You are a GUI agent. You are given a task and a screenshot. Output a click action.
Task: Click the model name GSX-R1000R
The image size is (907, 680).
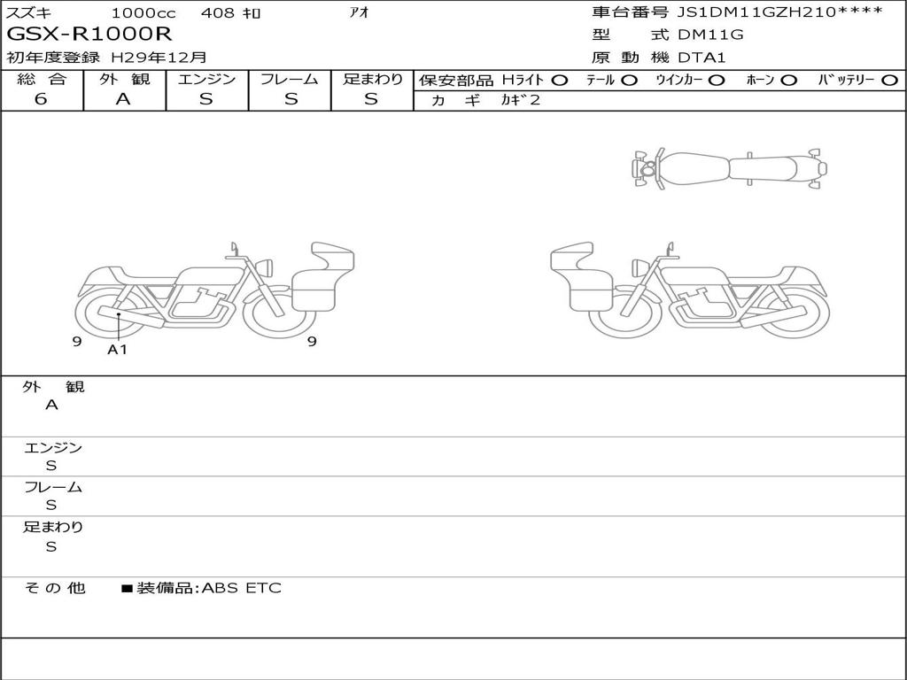coord(89,34)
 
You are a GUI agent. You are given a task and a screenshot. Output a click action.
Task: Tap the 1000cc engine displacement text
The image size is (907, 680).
coord(143,12)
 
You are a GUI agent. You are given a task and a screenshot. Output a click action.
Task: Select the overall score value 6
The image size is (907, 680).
coord(41,99)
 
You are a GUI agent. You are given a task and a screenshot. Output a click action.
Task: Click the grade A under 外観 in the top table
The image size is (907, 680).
coord(123,99)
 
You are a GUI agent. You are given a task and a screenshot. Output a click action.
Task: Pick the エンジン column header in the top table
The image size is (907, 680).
coord(206,79)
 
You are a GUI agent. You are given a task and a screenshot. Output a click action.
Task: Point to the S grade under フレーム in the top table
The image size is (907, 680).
coord(291,99)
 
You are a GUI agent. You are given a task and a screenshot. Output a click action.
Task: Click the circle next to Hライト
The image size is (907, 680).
coord(560,81)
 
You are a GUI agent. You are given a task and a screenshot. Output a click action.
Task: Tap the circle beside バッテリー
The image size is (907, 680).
coord(889,81)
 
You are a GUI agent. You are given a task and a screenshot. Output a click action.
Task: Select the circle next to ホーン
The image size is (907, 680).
coord(788,81)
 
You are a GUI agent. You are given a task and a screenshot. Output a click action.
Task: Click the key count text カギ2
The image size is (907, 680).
coord(520,99)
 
